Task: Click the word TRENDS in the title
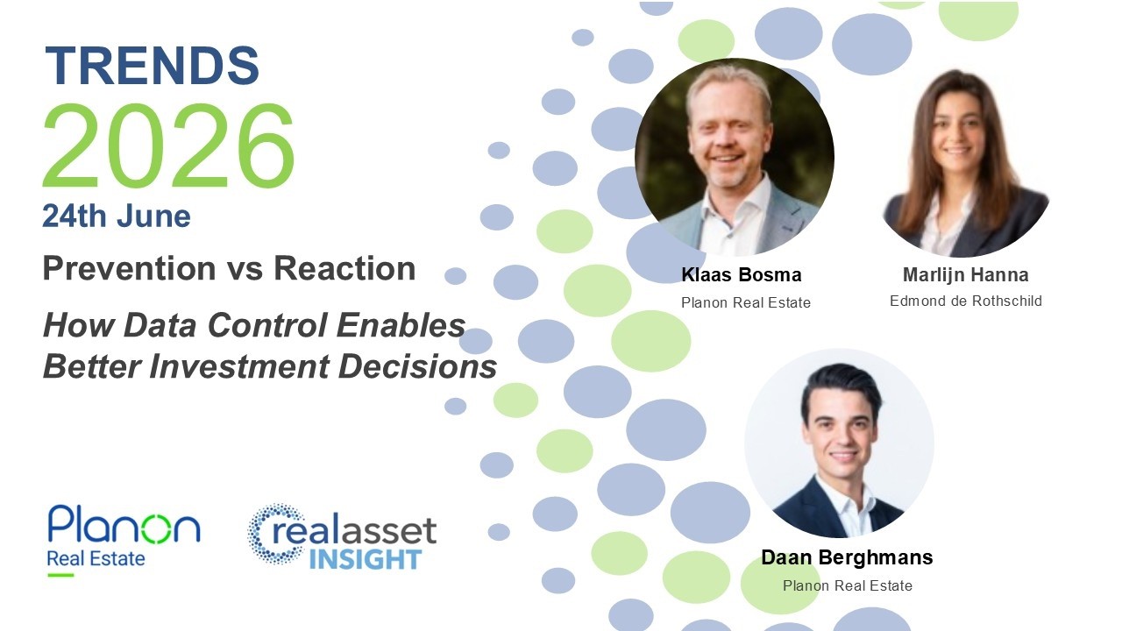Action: pyautogui.click(x=153, y=66)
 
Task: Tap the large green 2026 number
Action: pyautogui.click(x=169, y=145)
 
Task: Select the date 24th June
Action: pyautogui.click(x=117, y=216)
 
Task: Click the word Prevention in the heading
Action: pyautogui.click(x=129, y=269)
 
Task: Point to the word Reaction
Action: pyautogui.click(x=344, y=269)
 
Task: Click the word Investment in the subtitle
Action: pyautogui.click(x=239, y=366)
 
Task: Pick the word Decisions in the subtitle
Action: pyautogui.click(x=418, y=366)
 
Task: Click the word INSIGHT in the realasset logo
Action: pyautogui.click(x=366, y=559)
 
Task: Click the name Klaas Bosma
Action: pyautogui.click(x=742, y=275)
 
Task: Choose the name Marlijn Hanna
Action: pyautogui.click(x=966, y=275)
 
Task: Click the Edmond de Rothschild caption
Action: pyautogui.click(x=966, y=301)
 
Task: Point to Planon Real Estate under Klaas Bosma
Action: pyautogui.click(x=746, y=303)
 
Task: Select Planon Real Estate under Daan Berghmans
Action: pyautogui.click(x=848, y=586)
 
